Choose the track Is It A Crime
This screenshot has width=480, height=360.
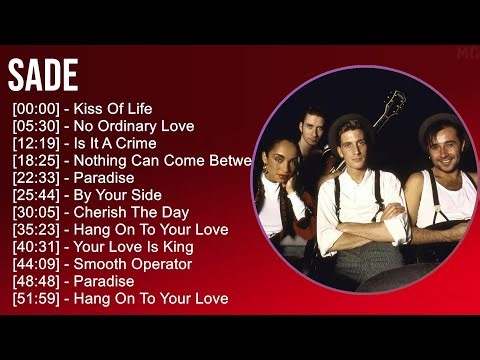pos(114,143)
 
